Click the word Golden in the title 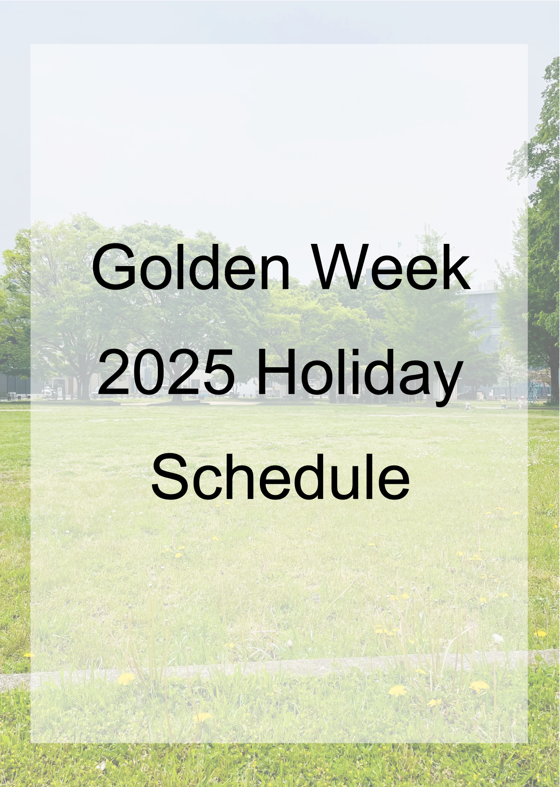(x=191, y=267)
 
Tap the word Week (x=392, y=267)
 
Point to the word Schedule (x=280, y=477)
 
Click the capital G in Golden (x=114, y=267)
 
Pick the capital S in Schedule (x=171, y=477)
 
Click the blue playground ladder (x=533, y=391)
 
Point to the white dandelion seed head (x=498, y=638)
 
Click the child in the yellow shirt (x=503, y=403)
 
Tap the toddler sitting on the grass (x=468, y=406)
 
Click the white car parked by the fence (x=48, y=393)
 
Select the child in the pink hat (x=521, y=403)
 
